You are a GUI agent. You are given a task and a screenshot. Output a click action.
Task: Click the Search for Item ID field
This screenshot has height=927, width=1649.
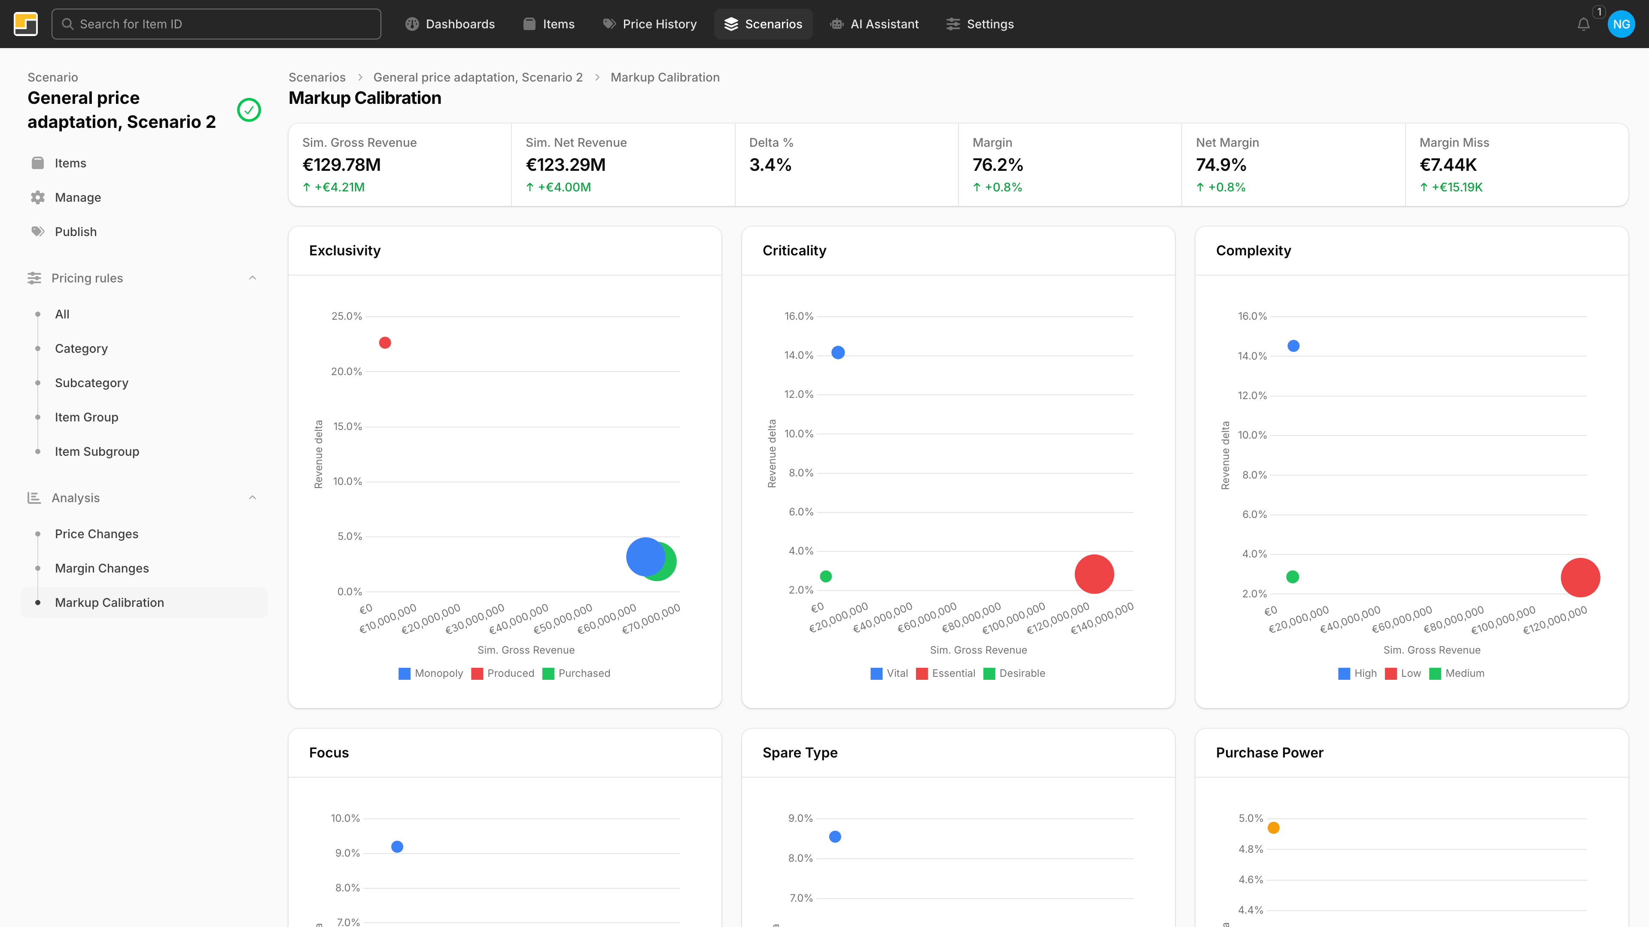(x=216, y=24)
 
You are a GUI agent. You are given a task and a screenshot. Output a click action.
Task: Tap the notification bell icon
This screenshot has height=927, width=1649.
(x=1583, y=24)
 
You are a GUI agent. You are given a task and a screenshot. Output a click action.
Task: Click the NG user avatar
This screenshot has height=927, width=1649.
(x=1621, y=24)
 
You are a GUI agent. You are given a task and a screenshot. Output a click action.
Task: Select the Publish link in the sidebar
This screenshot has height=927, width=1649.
(x=76, y=232)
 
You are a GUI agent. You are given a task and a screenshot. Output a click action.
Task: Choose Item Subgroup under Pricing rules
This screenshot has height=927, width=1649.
(x=97, y=451)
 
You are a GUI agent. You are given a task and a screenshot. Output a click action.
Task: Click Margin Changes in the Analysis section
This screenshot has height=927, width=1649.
(x=102, y=568)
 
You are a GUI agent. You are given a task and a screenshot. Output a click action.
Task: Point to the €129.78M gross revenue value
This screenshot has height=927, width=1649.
(x=341, y=165)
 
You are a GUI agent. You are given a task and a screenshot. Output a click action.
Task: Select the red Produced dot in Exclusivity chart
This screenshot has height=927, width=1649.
(x=385, y=343)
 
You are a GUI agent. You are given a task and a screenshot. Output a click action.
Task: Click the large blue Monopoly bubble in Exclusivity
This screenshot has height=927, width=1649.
(x=644, y=557)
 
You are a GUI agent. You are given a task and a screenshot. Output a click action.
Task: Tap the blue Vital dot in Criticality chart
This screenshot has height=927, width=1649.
(x=838, y=352)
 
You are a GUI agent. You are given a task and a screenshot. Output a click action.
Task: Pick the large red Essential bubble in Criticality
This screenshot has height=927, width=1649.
(x=1094, y=574)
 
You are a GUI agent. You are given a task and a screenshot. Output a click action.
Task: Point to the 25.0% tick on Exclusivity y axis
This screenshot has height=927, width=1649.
(x=346, y=316)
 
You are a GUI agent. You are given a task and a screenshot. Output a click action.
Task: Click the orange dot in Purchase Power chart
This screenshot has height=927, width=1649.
(x=1273, y=828)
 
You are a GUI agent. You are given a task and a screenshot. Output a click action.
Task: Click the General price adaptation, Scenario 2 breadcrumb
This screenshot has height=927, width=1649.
(x=478, y=77)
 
